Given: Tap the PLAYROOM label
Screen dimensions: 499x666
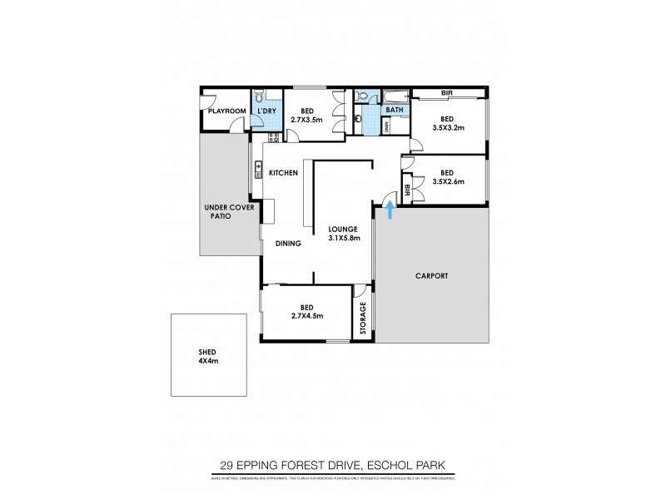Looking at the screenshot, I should coord(226,111).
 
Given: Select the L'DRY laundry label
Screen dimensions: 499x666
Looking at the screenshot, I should coord(267,111).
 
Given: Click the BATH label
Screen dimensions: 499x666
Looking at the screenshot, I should coord(395,109).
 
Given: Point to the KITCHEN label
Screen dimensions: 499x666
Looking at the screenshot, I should coord(283,172).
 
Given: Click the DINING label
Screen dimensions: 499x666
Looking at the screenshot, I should coord(288,244).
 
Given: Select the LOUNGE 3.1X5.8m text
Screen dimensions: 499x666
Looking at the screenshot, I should coord(342,234).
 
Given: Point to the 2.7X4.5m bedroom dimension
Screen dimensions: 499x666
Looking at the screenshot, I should coord(306,315).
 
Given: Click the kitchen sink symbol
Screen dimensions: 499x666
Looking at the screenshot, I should coord(259,172).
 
